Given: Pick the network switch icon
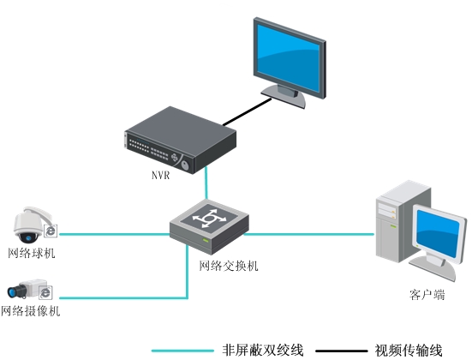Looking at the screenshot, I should click(x=208, y=222).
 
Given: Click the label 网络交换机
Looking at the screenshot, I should click(x=229, y=266).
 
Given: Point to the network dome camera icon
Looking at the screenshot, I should click(x=32, y=224).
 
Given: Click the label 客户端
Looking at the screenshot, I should click(x=427, y=295).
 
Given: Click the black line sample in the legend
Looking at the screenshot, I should click(x=341, y=350).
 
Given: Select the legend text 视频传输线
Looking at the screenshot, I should click(x=409, y=350).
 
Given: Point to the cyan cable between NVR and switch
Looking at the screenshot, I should click(x=206, y=182).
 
